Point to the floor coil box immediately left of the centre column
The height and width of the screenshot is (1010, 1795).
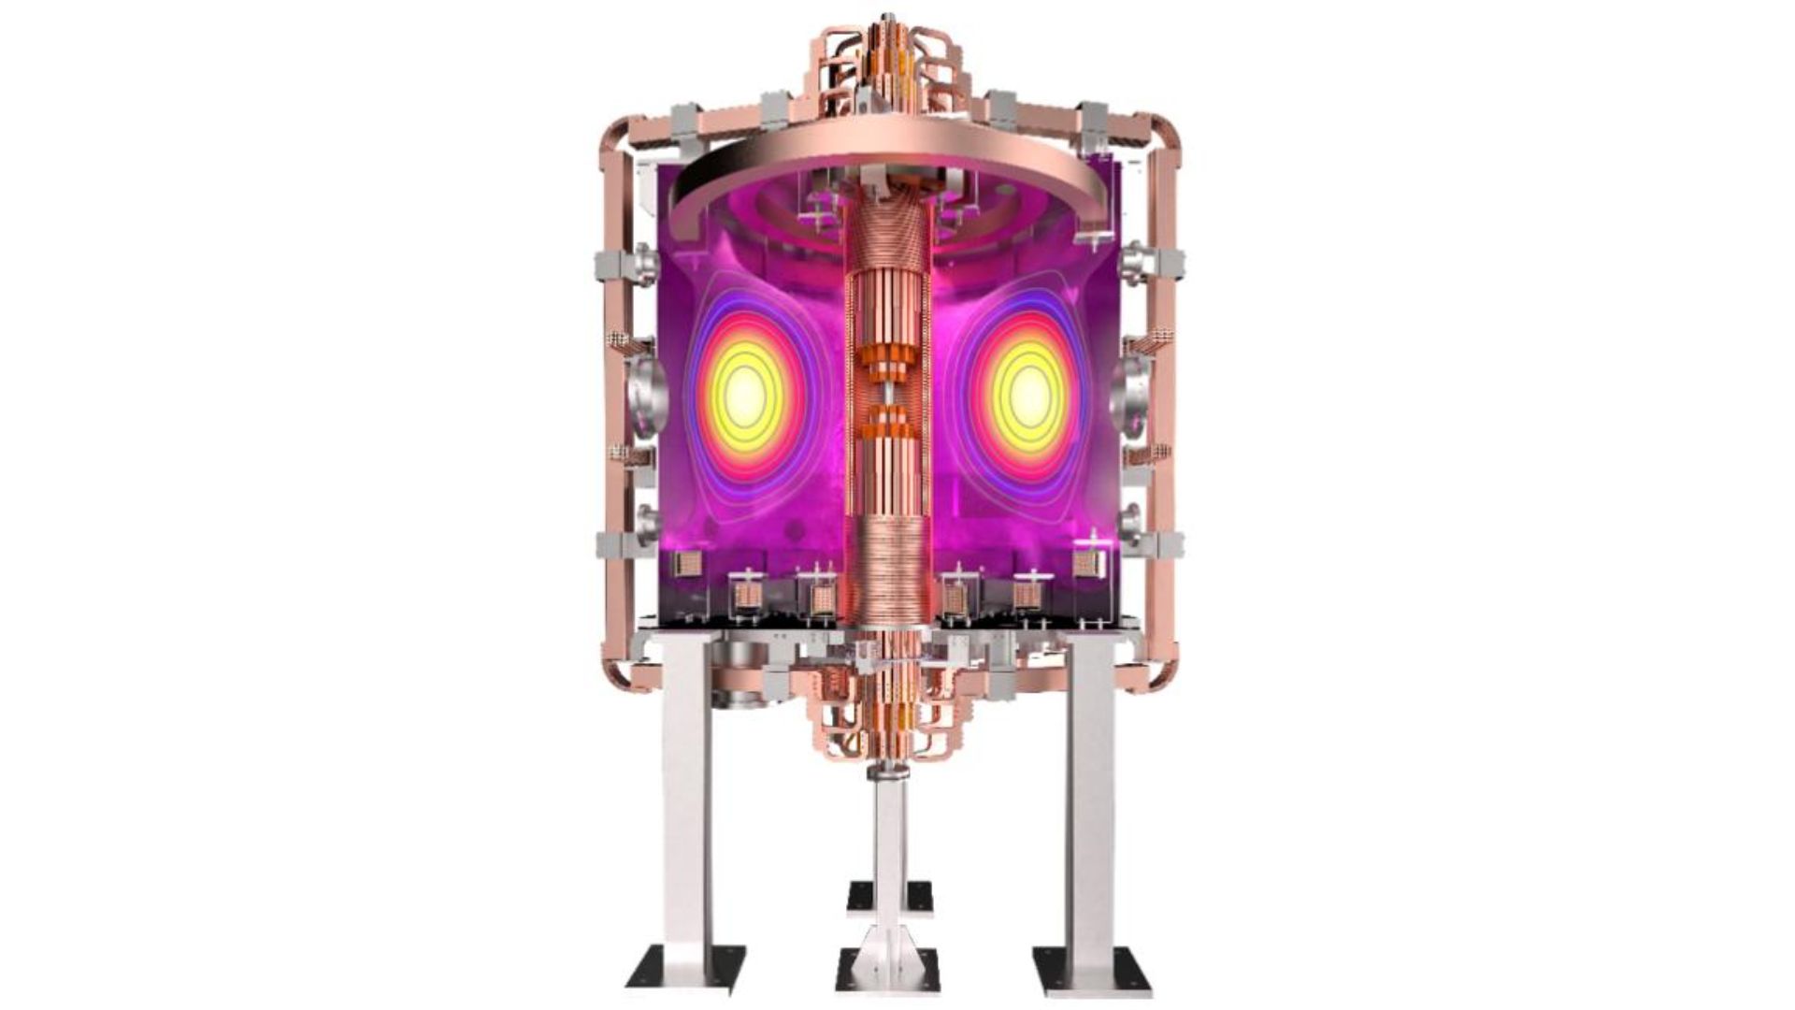click(x=822, y=599)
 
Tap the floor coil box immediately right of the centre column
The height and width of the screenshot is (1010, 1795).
click(x=955, y=599)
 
